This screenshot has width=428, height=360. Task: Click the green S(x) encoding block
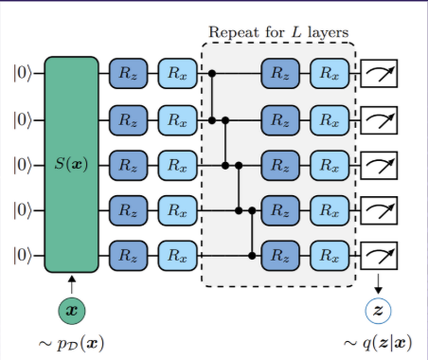(71, 164)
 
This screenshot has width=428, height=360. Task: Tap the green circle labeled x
(71, 310)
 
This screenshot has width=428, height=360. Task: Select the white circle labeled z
(378, 310)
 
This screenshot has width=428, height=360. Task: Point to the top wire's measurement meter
(379, 73)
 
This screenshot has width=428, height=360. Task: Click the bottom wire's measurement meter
(379, 255)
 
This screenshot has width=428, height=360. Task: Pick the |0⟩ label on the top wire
(23, 73)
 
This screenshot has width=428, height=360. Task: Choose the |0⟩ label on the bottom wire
(23, 255)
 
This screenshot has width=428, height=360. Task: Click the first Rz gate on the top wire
(128, 73)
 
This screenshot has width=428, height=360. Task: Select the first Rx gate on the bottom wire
(175, 255)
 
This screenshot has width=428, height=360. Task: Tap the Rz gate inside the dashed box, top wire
(281, 73)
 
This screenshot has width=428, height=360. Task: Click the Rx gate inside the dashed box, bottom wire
(329, 255)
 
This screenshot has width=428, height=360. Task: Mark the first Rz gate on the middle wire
(128, 164)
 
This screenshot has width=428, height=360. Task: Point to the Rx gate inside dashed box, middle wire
(329, 164)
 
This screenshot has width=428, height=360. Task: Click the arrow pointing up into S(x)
(71, 282)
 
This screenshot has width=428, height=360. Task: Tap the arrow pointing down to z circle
(378, 282)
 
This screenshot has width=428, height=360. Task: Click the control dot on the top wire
(213, 73)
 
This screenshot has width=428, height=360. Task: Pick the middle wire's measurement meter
(379, 164)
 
